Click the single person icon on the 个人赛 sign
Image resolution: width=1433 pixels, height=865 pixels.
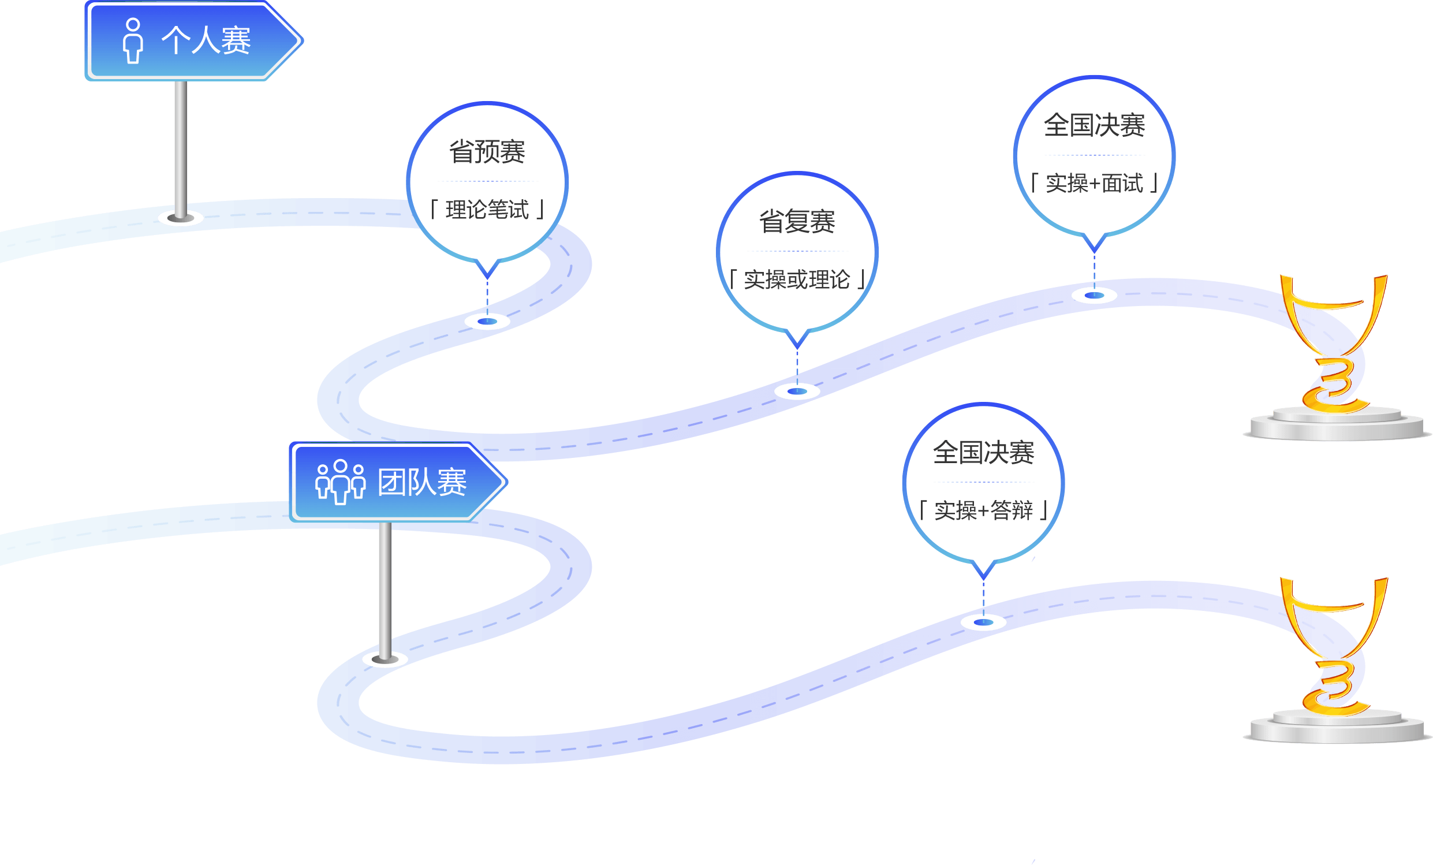pos(133,41)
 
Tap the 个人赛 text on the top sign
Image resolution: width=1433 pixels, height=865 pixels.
pos(206,41)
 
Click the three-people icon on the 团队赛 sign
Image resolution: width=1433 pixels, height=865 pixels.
pos(340,482)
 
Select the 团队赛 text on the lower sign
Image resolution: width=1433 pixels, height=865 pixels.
pos(422,482)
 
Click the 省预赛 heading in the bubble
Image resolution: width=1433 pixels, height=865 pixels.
pos(487,152)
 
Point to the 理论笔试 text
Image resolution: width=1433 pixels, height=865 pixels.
pos(487,210)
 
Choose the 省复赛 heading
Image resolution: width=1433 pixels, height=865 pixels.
pos(797,222)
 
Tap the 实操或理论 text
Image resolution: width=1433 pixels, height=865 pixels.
pos(797,280)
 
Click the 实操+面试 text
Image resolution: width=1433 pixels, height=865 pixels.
pos(1094,183)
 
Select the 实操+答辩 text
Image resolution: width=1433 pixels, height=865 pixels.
pos(983,510)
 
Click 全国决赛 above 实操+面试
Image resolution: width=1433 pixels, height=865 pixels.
pos(1094,125)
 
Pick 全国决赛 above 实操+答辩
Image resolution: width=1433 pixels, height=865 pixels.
pos(983,453)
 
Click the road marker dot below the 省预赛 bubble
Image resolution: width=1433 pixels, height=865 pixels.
pos(487,321)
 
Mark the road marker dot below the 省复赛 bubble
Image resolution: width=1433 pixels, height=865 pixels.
pos(797,391)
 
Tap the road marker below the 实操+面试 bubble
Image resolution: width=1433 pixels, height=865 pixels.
pos(1094,295)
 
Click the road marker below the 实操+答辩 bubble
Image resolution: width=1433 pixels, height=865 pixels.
pos(983,622)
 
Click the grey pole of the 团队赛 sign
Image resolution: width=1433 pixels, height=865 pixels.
pos(385,587)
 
